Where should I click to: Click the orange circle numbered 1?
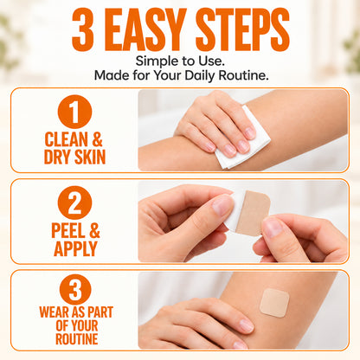(x=74, y=112)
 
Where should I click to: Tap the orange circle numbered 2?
(x=74, y=202)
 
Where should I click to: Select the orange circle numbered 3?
(x=75, y=289)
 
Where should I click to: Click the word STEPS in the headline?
(x=242, y=29)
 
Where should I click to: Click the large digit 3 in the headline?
(x=82, y=29)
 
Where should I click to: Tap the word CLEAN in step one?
(x=66, y=139)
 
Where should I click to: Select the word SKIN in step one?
(x=90, y=157)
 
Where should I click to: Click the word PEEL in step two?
(x=68, y=230)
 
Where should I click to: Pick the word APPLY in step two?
(x=75, y=248)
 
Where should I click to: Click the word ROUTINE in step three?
(x=77, y=339)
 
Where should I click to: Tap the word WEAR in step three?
(x=55, y=312)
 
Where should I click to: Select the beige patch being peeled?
(x=253, y=213)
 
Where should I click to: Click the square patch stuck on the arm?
(x=274, y=303)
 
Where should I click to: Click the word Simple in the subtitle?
(x=154, y=61)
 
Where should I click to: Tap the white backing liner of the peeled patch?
(x=235, y=209)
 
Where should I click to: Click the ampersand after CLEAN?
(x=97, y=139)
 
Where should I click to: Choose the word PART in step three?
(x=100, y=312)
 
